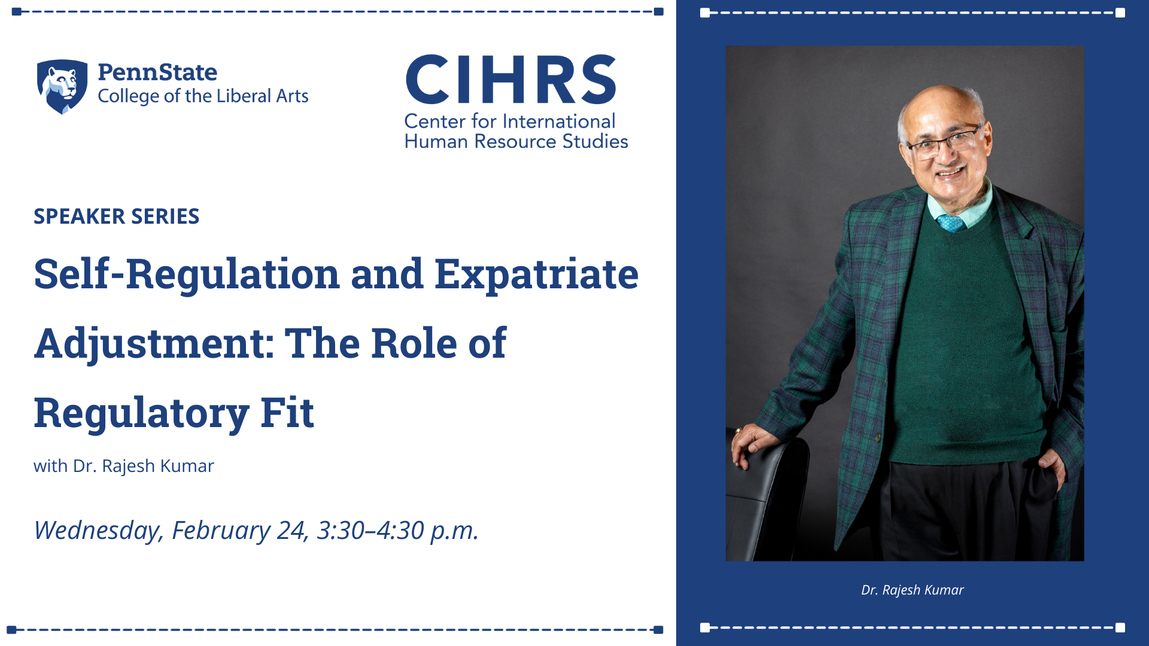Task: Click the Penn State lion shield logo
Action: point(62,86)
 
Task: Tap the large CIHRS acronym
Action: point(511,80)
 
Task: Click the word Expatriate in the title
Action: point(536,275)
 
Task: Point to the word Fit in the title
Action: point(287,413)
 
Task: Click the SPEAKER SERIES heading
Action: point(116,217)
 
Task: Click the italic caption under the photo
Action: point(913,590)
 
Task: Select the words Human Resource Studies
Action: point(516,142)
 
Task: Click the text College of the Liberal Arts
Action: point(203,96)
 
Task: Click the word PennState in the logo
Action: point(157,72)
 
